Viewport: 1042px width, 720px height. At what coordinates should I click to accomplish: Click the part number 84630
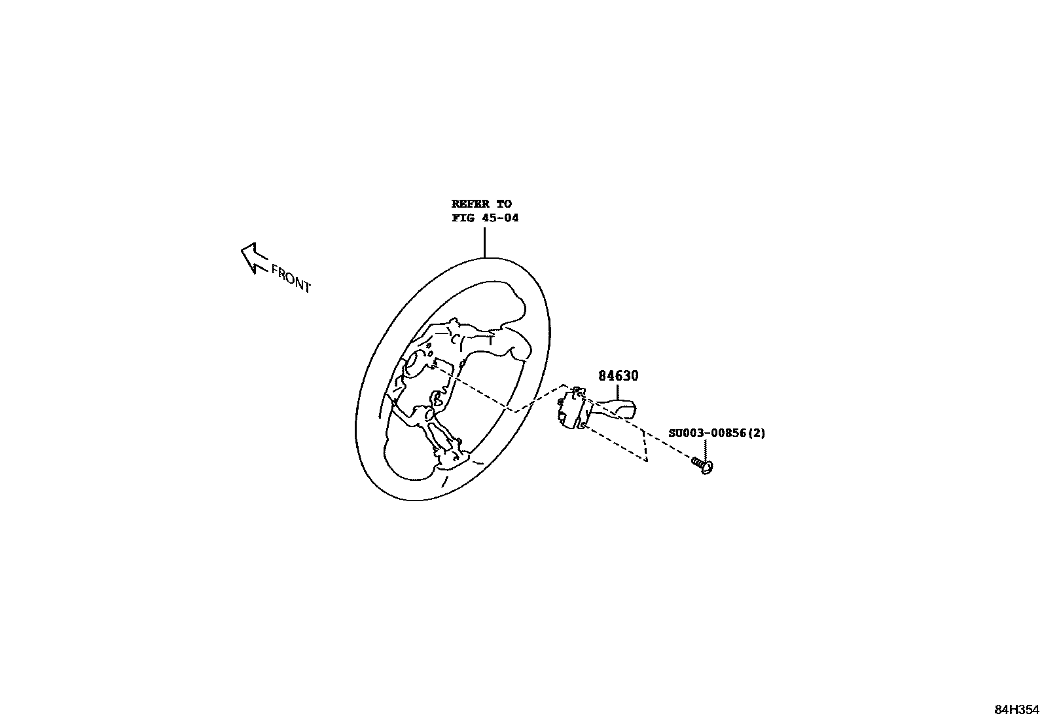(618, 376)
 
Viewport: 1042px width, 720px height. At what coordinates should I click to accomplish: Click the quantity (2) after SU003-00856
(757, 433)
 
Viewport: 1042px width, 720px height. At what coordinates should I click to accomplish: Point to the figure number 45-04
(501, 218)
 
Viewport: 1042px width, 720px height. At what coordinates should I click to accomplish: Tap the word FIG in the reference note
(462, 218)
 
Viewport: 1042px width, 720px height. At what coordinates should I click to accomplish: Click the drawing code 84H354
(1016, 710)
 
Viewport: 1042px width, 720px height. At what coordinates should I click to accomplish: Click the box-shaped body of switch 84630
(574, 409)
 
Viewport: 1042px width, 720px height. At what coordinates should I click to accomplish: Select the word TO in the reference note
(503, 204)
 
